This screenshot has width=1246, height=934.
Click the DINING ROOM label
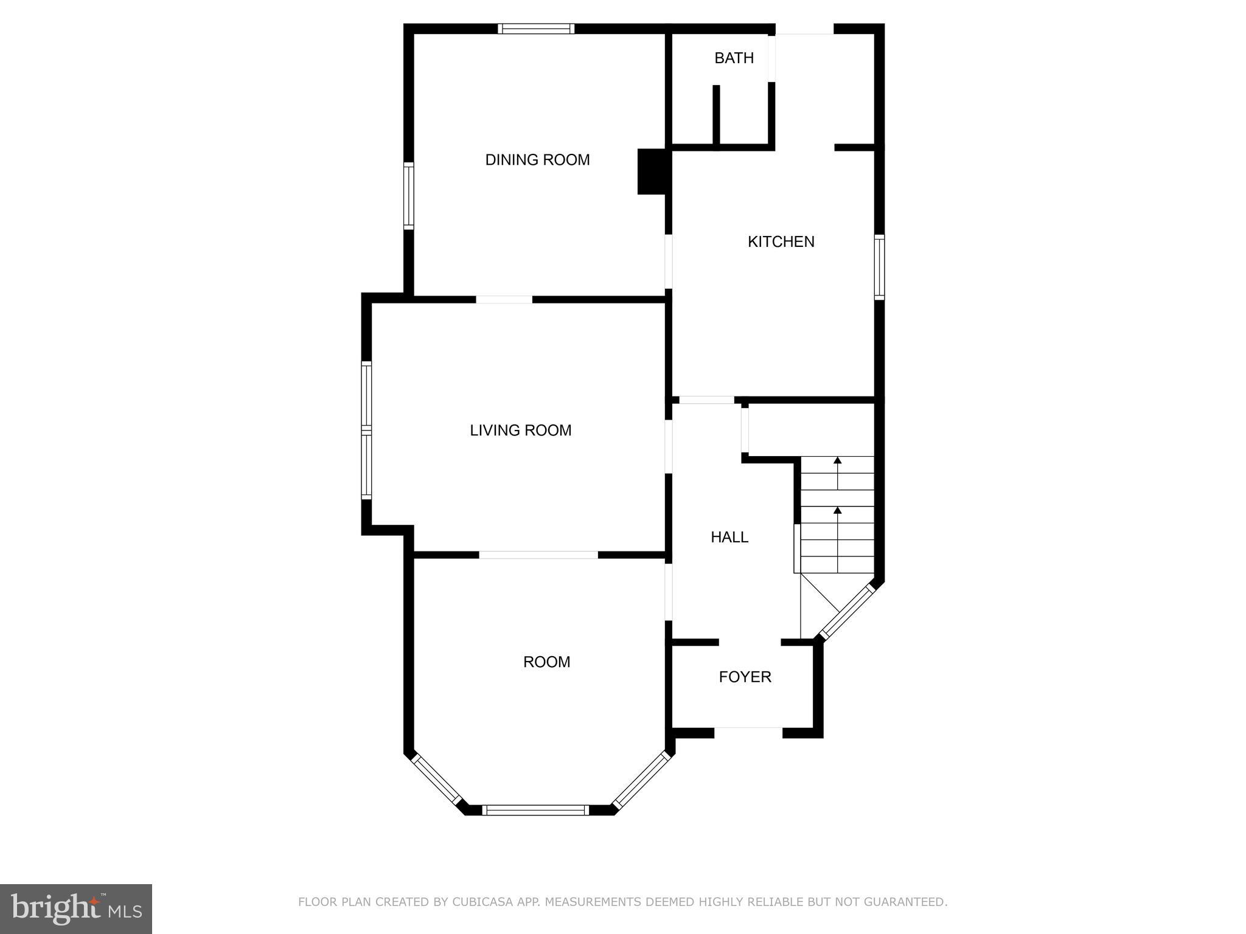coord(537,160)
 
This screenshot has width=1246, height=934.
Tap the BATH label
coord(734,58)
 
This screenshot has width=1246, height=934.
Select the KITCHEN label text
coord(781,242)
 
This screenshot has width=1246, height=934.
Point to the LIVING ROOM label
coord(520,431)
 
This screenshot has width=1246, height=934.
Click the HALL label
coord(729,537)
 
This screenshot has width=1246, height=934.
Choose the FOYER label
coord(745,677)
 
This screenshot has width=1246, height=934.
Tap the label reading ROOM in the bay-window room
coord(546,662)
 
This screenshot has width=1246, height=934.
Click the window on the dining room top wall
coord(536,29)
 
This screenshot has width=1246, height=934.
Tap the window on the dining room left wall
coord(409,196)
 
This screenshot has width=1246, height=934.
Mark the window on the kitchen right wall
coord(879,267)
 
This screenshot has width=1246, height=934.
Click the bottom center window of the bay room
coord(535,810)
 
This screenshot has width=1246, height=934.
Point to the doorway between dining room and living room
coord(504,299)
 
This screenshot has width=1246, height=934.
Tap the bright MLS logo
coord(76,908)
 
